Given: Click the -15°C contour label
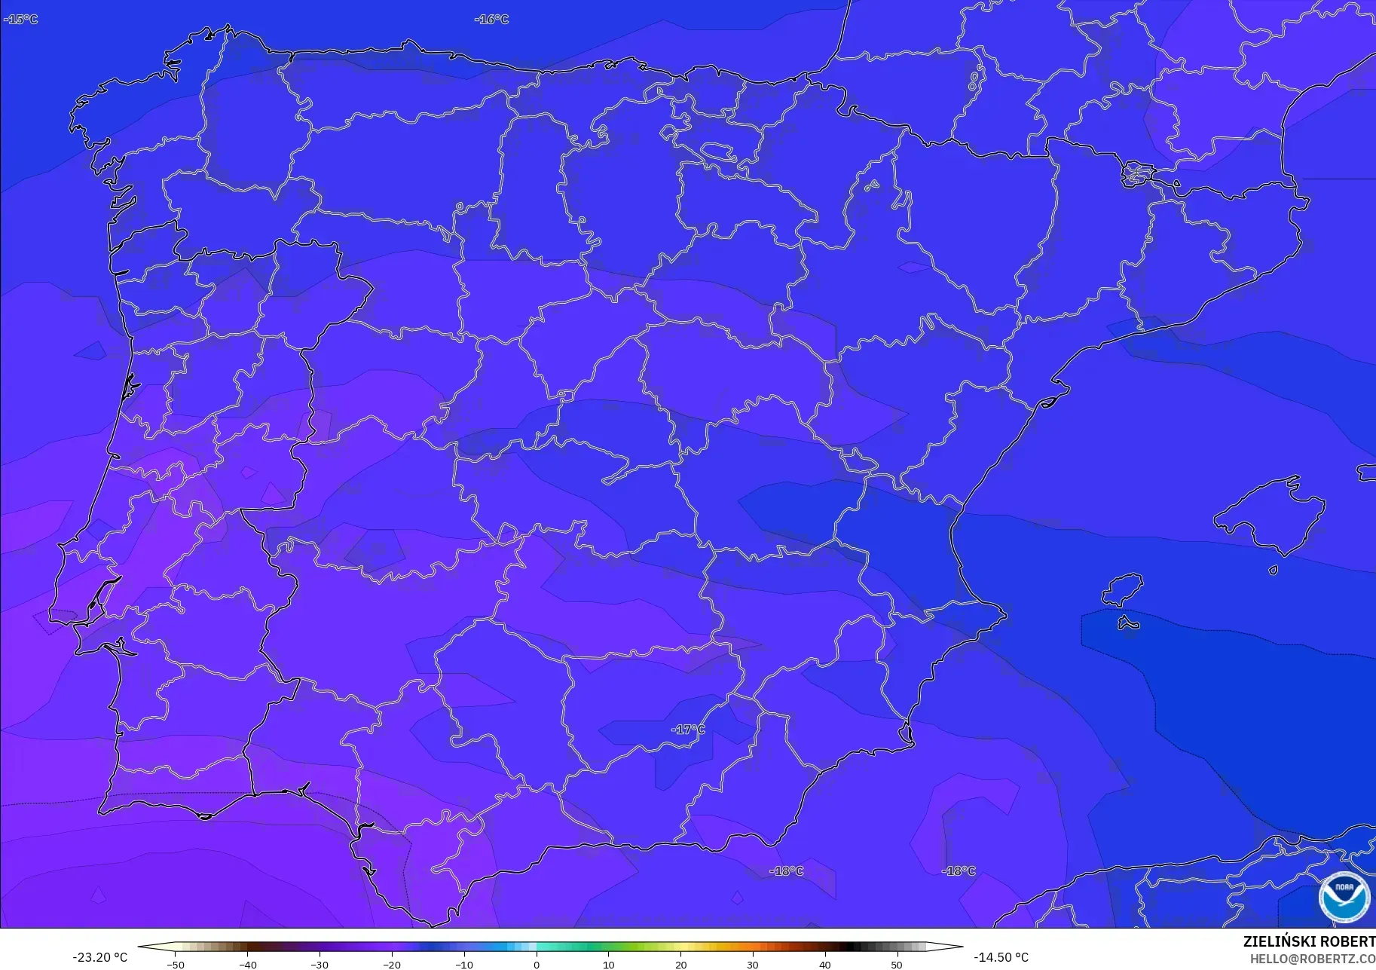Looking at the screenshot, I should tap(20, 19).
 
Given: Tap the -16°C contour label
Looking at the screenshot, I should tap(491, 19).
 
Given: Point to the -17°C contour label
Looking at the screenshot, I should tap(687, 729).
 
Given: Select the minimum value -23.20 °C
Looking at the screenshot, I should tap(99, 957).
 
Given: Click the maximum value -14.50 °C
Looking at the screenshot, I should tap(1001, 957).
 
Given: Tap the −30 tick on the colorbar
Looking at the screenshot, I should tap(320, 964).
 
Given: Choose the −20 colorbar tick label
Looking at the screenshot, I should tap(392, 964).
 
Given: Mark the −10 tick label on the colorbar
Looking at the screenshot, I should tap(464, 964).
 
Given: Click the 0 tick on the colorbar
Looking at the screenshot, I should tap(537, 964).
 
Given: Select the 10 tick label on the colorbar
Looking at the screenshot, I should tap(608, 964).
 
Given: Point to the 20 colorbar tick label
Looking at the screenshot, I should tap(680, 964).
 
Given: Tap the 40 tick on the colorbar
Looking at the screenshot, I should tap(825, 964).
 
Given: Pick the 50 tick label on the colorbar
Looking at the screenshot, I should tap(897, 964).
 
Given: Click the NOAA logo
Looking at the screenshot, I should tap(1344, 896).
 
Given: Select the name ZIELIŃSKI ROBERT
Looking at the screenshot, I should tap(1309, 941).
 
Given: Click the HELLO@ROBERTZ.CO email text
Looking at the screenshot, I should tap(1313, 959).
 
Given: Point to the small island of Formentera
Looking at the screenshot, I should tap(1127, 623).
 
